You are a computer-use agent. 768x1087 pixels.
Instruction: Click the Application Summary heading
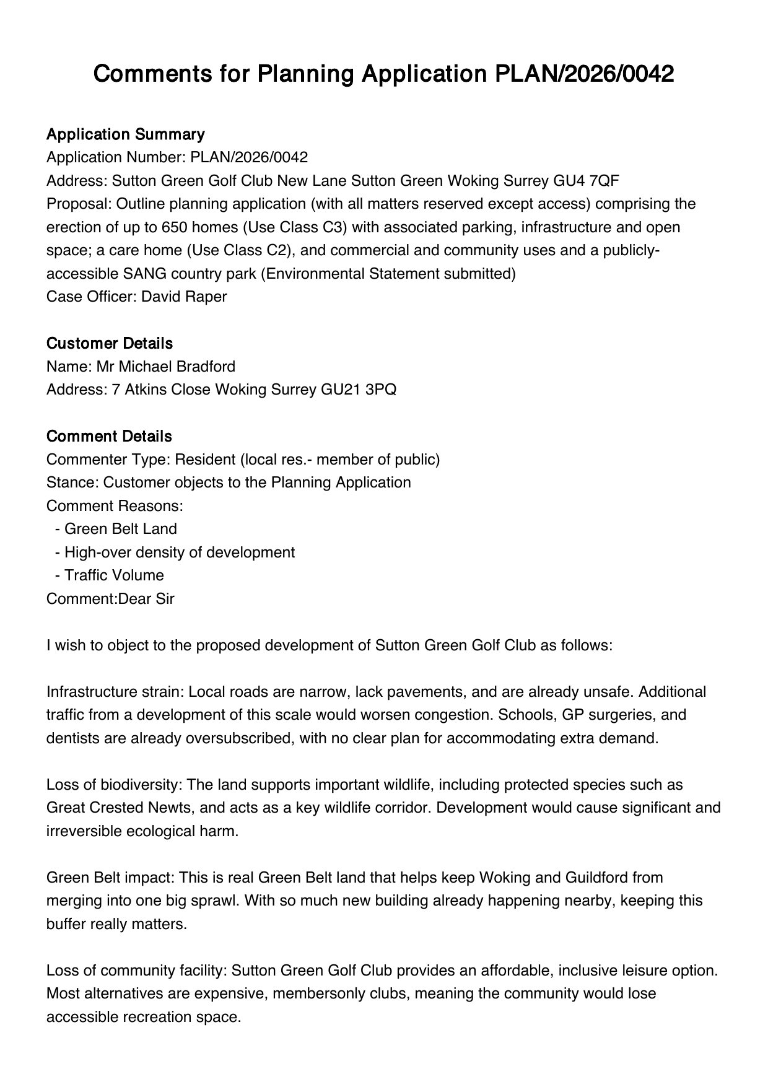tap(125, 134)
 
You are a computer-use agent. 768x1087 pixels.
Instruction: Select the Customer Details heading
tap(109, 344)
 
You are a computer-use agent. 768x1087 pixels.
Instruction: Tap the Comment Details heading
tap(109, 437)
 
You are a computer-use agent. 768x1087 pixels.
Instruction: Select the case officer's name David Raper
tap(184, 297)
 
